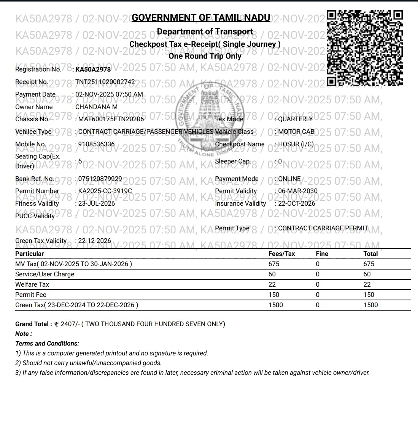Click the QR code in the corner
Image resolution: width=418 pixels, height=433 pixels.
pos(364,48)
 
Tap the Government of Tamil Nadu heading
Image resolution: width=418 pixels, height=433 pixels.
pos(201,18)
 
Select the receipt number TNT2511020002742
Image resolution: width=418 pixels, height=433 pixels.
pos(105,82)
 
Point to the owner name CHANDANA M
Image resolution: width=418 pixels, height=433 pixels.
pos(96,107)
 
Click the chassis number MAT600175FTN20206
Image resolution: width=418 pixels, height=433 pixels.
pos(111,119)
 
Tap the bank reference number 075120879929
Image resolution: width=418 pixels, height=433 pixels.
pos(100,179)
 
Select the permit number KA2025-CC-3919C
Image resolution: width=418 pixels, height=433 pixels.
pos(105,191)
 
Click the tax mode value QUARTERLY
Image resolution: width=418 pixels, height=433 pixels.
pos(295,119)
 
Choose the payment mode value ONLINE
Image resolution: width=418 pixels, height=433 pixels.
pos(289,179)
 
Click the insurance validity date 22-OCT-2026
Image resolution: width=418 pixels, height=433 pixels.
pos(297,203)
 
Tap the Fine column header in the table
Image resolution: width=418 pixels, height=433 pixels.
pos(322,254)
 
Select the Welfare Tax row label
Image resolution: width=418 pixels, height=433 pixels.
pos(32,284)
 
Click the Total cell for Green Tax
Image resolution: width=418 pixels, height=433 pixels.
pos(370,305)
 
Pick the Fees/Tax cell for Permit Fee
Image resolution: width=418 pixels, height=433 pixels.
pos(273,295)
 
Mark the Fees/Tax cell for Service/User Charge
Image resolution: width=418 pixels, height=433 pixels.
pos(272,274)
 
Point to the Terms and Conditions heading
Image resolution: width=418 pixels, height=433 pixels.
pos(47,343)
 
